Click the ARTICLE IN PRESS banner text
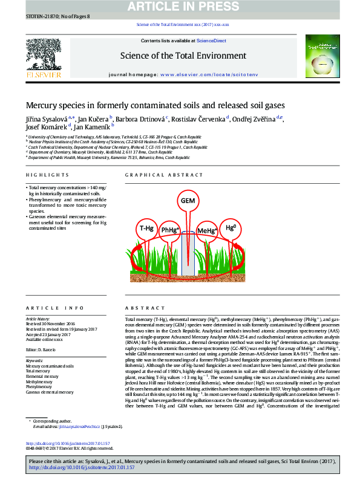180,6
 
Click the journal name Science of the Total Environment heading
183,56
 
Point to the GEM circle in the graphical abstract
188,200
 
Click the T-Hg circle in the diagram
147,229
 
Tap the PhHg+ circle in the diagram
169,231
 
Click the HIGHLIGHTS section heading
47,175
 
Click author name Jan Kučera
94,118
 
